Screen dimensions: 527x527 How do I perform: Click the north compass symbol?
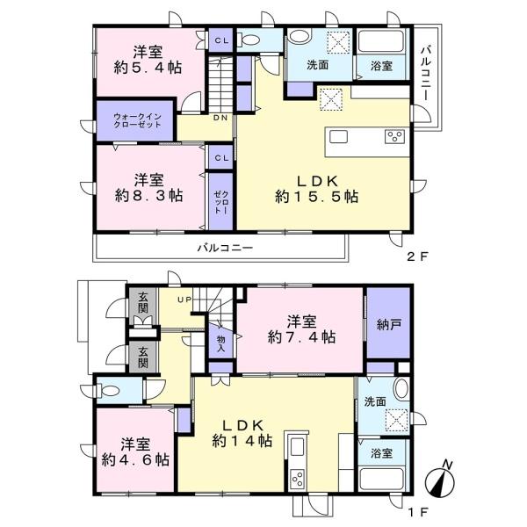(440, 481)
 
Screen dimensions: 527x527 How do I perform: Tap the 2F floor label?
(418, 257)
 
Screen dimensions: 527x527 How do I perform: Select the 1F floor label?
(418, 512)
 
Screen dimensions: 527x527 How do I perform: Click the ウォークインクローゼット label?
(138, 120)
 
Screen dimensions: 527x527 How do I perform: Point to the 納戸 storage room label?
(388, 324)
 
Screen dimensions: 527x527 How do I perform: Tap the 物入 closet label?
(220, 343)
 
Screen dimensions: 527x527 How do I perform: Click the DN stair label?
(220, 118)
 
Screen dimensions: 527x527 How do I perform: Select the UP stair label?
(184, 300)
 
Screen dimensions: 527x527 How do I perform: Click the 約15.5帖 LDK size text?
(317, 197)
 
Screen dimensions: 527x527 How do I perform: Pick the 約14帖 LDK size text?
(242, 440)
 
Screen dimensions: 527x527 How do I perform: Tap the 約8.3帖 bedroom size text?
(149, 195)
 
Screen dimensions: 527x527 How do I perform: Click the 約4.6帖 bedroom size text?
(135, 459)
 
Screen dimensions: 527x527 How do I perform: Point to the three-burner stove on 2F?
(394, 137)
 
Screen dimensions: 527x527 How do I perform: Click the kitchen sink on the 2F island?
(338, 137)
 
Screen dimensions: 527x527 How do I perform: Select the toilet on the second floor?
(248, 40)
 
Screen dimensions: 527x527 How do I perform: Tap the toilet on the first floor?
(107, 391)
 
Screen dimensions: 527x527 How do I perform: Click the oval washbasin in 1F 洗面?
(401, 389)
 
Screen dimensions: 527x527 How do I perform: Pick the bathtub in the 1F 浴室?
(381, 480)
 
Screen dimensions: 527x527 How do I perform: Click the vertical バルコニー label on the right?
(426, 74)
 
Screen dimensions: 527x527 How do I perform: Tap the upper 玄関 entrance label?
(142, 302)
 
